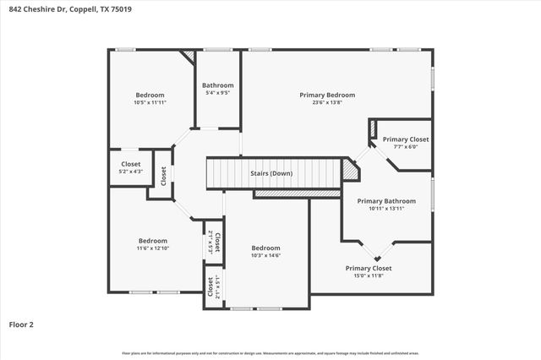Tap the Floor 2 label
coord(22,324)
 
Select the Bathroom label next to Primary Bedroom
coord(218,85)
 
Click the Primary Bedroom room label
coord(327,95)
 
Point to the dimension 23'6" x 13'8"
coord(327,103)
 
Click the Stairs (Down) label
coord(271,173)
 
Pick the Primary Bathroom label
coord(386,201)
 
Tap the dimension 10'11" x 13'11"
coord(386,209)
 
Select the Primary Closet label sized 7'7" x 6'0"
coord(406,139)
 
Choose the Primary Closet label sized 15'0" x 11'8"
coord(369,268)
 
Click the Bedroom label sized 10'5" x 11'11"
coord(150,95)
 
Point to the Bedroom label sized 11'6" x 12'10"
coord(153,240)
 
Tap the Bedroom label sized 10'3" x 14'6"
coord(265,248)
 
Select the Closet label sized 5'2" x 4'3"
coord(131,164)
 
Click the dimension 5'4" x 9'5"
coord(218,93)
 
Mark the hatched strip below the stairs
coord(285,194)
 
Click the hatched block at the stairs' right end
coord(350,168)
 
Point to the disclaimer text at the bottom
coord(270,352)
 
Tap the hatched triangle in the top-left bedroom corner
coord(189,56)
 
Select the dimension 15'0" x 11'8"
coord(369,275)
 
